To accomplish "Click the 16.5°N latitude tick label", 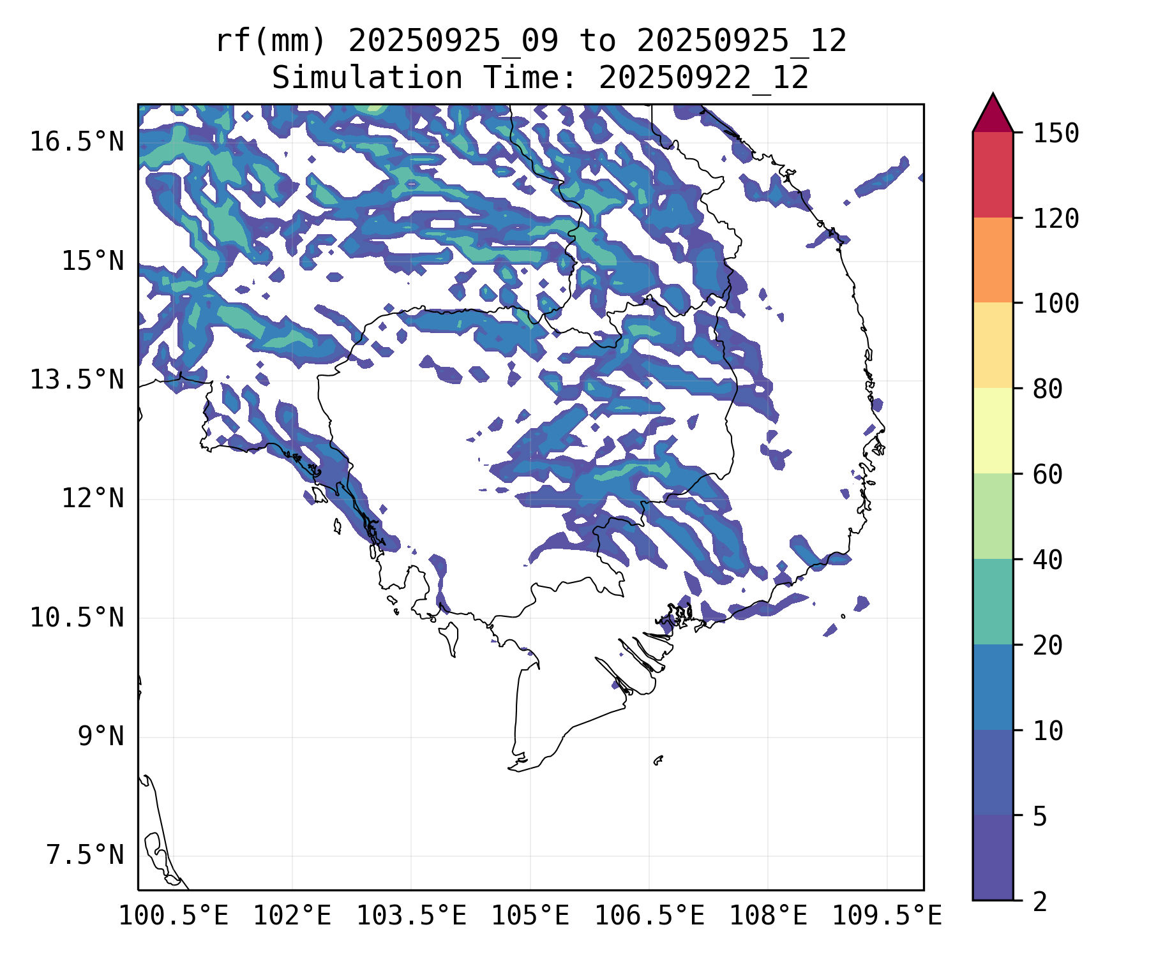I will (77, 142).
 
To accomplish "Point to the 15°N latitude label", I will (93, 262).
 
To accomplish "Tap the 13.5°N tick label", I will (77, 380).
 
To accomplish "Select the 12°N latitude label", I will (93, 498).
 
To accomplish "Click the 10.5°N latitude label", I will (77, 618).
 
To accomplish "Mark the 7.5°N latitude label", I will (85, 856).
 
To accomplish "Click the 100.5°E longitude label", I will (174, 916).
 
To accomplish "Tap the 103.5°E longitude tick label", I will (411, 916).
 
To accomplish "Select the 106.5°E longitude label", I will (649, 916).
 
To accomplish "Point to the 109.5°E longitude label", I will (887, 916).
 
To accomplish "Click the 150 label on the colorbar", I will (1056, 134).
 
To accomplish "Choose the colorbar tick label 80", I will (1048, 389).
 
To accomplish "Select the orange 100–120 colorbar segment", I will (993, 260).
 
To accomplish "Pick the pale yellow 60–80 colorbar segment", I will (993, 431).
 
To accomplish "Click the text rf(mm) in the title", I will (271, 41).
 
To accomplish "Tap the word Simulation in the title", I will (367, 78).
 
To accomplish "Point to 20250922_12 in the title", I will (703, 78).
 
